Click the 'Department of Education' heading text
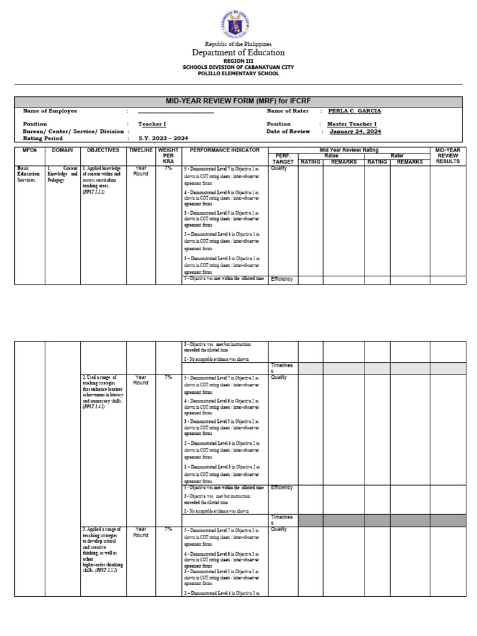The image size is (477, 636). click(x=238, y=53)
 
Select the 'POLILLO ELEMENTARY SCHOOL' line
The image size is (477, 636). click(x=238, y=73)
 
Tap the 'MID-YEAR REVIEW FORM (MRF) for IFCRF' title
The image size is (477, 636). click(x=238, y=101)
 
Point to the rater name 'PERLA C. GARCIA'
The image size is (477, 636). click(x=354, y=111)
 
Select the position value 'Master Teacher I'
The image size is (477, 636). click(x=351, y=124)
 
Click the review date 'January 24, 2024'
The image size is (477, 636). click(x=355, y=132)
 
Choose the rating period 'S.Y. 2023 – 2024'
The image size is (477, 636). click(x=163, y=139)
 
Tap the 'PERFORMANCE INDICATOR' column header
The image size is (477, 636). click(x=224, y=150)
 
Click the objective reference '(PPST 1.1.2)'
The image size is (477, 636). click(x=94, y=193)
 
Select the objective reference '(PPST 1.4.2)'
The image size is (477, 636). click(x=94, y=407)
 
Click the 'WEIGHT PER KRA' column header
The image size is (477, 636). click(x=168, y=155)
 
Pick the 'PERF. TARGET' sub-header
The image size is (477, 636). click(x=283, y=158)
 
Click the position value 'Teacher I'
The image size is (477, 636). click(x=152, y=124)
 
